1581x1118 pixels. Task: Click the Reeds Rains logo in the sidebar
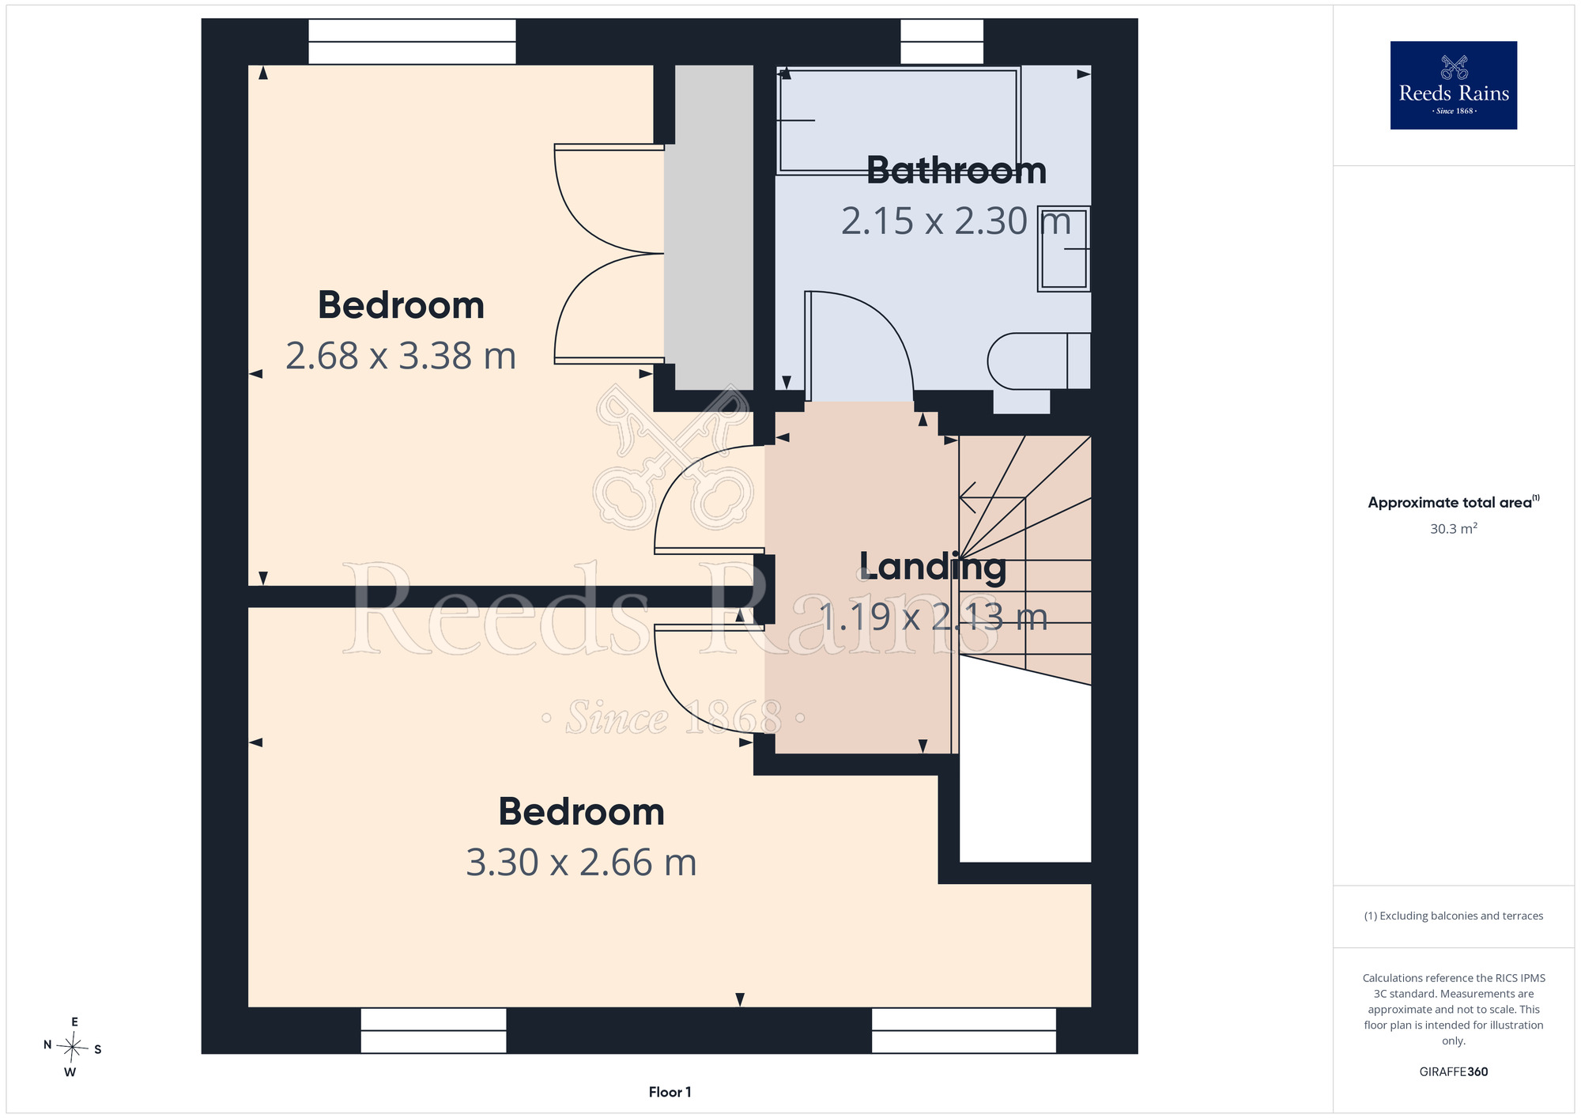pos(1453,85)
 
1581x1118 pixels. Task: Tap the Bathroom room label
pos(957,171)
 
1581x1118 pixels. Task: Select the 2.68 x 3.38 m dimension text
pos(401,356)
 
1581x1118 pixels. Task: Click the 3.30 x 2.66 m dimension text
pos(581,863)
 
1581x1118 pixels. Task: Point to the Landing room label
pos(933,568)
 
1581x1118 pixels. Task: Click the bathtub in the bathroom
pos(900,120)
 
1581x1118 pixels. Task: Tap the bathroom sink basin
pos(1064,249)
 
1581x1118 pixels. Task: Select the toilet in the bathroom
pos(1039,361)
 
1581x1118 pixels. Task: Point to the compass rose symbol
pos(72,1048)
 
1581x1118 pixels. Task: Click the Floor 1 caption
pos(670,1092)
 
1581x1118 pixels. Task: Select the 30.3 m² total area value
pos(1453,528)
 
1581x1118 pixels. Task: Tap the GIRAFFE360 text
pos(1453,1072)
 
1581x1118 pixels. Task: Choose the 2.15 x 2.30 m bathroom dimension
pos(956,221)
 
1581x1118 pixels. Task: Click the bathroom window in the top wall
pos(942,42)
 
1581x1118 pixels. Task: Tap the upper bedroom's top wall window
pos(412,42)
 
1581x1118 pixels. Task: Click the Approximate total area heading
pos(1453,502)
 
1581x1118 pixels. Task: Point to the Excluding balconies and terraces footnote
pos(1453,916)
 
